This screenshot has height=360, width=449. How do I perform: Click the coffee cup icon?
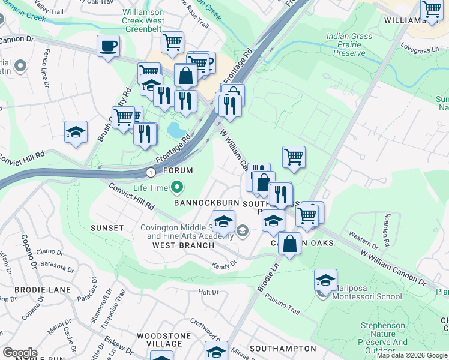[108, 46]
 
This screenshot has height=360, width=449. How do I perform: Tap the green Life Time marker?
[176, 188]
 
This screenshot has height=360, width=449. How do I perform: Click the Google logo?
[20, 353]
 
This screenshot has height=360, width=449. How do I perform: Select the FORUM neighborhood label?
[178, 170]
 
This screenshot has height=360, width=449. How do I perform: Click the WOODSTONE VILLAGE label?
[159, 340]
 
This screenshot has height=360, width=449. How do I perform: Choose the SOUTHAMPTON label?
[282, 348]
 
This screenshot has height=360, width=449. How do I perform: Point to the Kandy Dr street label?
[224, 264]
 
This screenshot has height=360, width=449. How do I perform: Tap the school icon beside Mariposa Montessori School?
[325, 280]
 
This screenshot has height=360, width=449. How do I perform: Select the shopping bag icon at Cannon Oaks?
[289, 244]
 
